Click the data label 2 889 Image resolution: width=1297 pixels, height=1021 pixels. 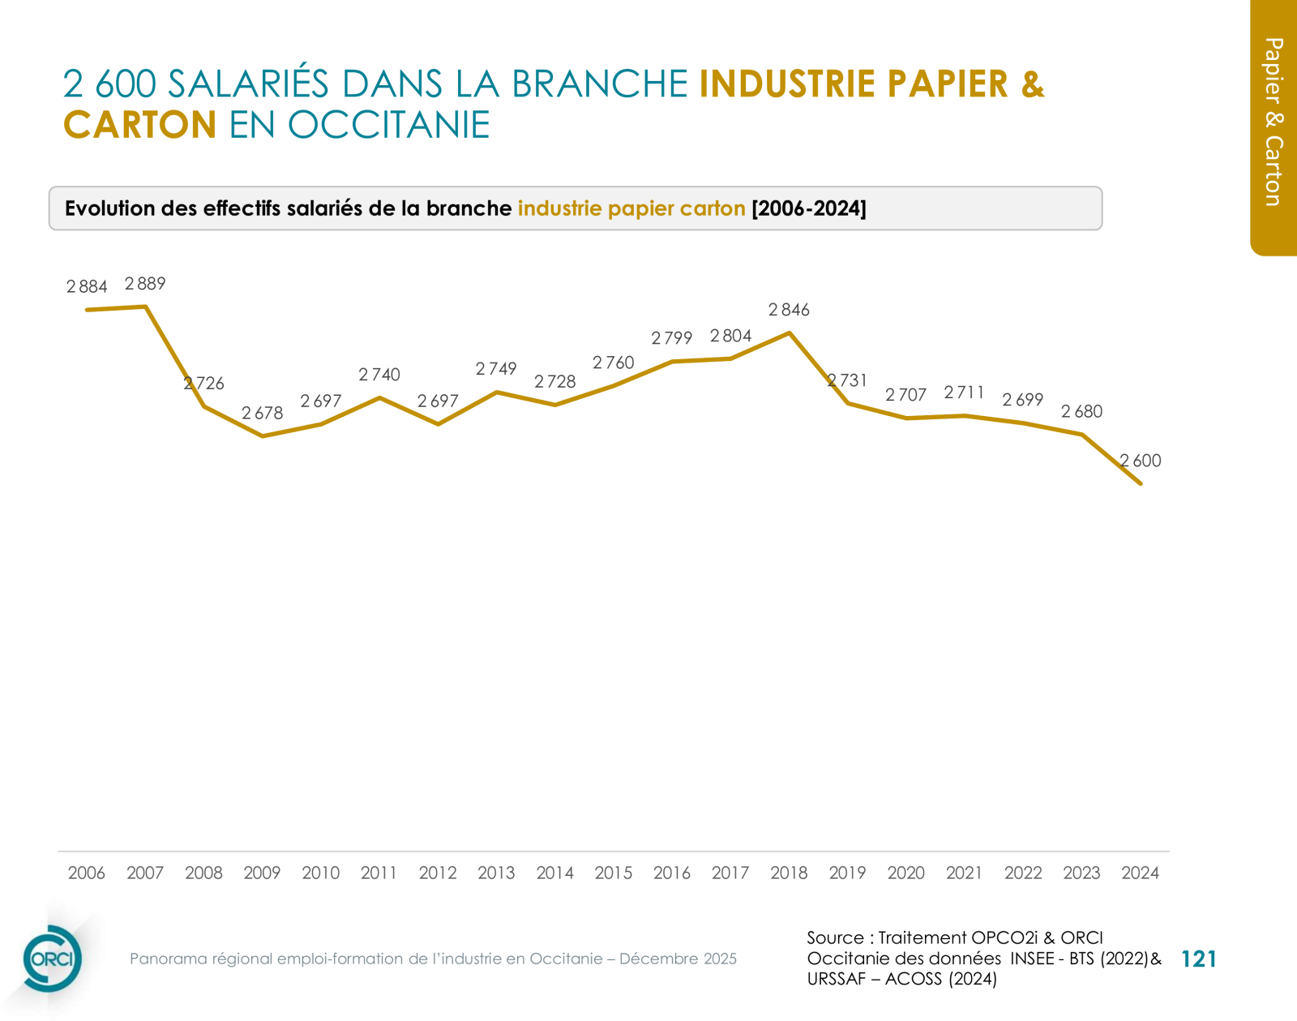[x=145, y=284]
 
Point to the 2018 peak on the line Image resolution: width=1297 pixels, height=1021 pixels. [x=789, y=332]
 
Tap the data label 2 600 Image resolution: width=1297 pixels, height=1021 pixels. [x=1141, y=461]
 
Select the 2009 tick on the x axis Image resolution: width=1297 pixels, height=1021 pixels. [x=262, y=873]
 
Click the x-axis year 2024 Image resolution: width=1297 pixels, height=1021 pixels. [x=1140, y=873]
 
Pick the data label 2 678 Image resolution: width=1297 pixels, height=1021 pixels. [x=262, y=414]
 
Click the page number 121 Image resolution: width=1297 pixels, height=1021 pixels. [x=1199, y=959]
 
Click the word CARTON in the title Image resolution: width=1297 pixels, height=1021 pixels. [x=139, y=125]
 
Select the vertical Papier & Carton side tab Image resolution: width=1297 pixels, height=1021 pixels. [x=1273, y=122]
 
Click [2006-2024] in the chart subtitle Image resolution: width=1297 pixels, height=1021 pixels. [x=809, y=208]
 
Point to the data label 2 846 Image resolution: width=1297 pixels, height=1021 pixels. [x=789, y=310]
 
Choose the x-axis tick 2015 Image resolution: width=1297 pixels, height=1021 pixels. [x=613, y=873]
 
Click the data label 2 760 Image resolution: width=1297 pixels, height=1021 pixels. [x=613, y=362]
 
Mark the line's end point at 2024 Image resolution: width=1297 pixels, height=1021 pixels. [x=1141, y=483]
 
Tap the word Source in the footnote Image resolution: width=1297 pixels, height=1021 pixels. [x=835, y=937]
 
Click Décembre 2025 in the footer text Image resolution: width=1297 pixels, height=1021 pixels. [x=678, y=959]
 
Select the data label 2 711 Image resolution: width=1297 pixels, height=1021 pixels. [x=964, y=393]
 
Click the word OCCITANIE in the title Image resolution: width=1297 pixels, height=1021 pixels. [x=388, y=125]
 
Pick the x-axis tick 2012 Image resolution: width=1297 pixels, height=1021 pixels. [x=438, y=873]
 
